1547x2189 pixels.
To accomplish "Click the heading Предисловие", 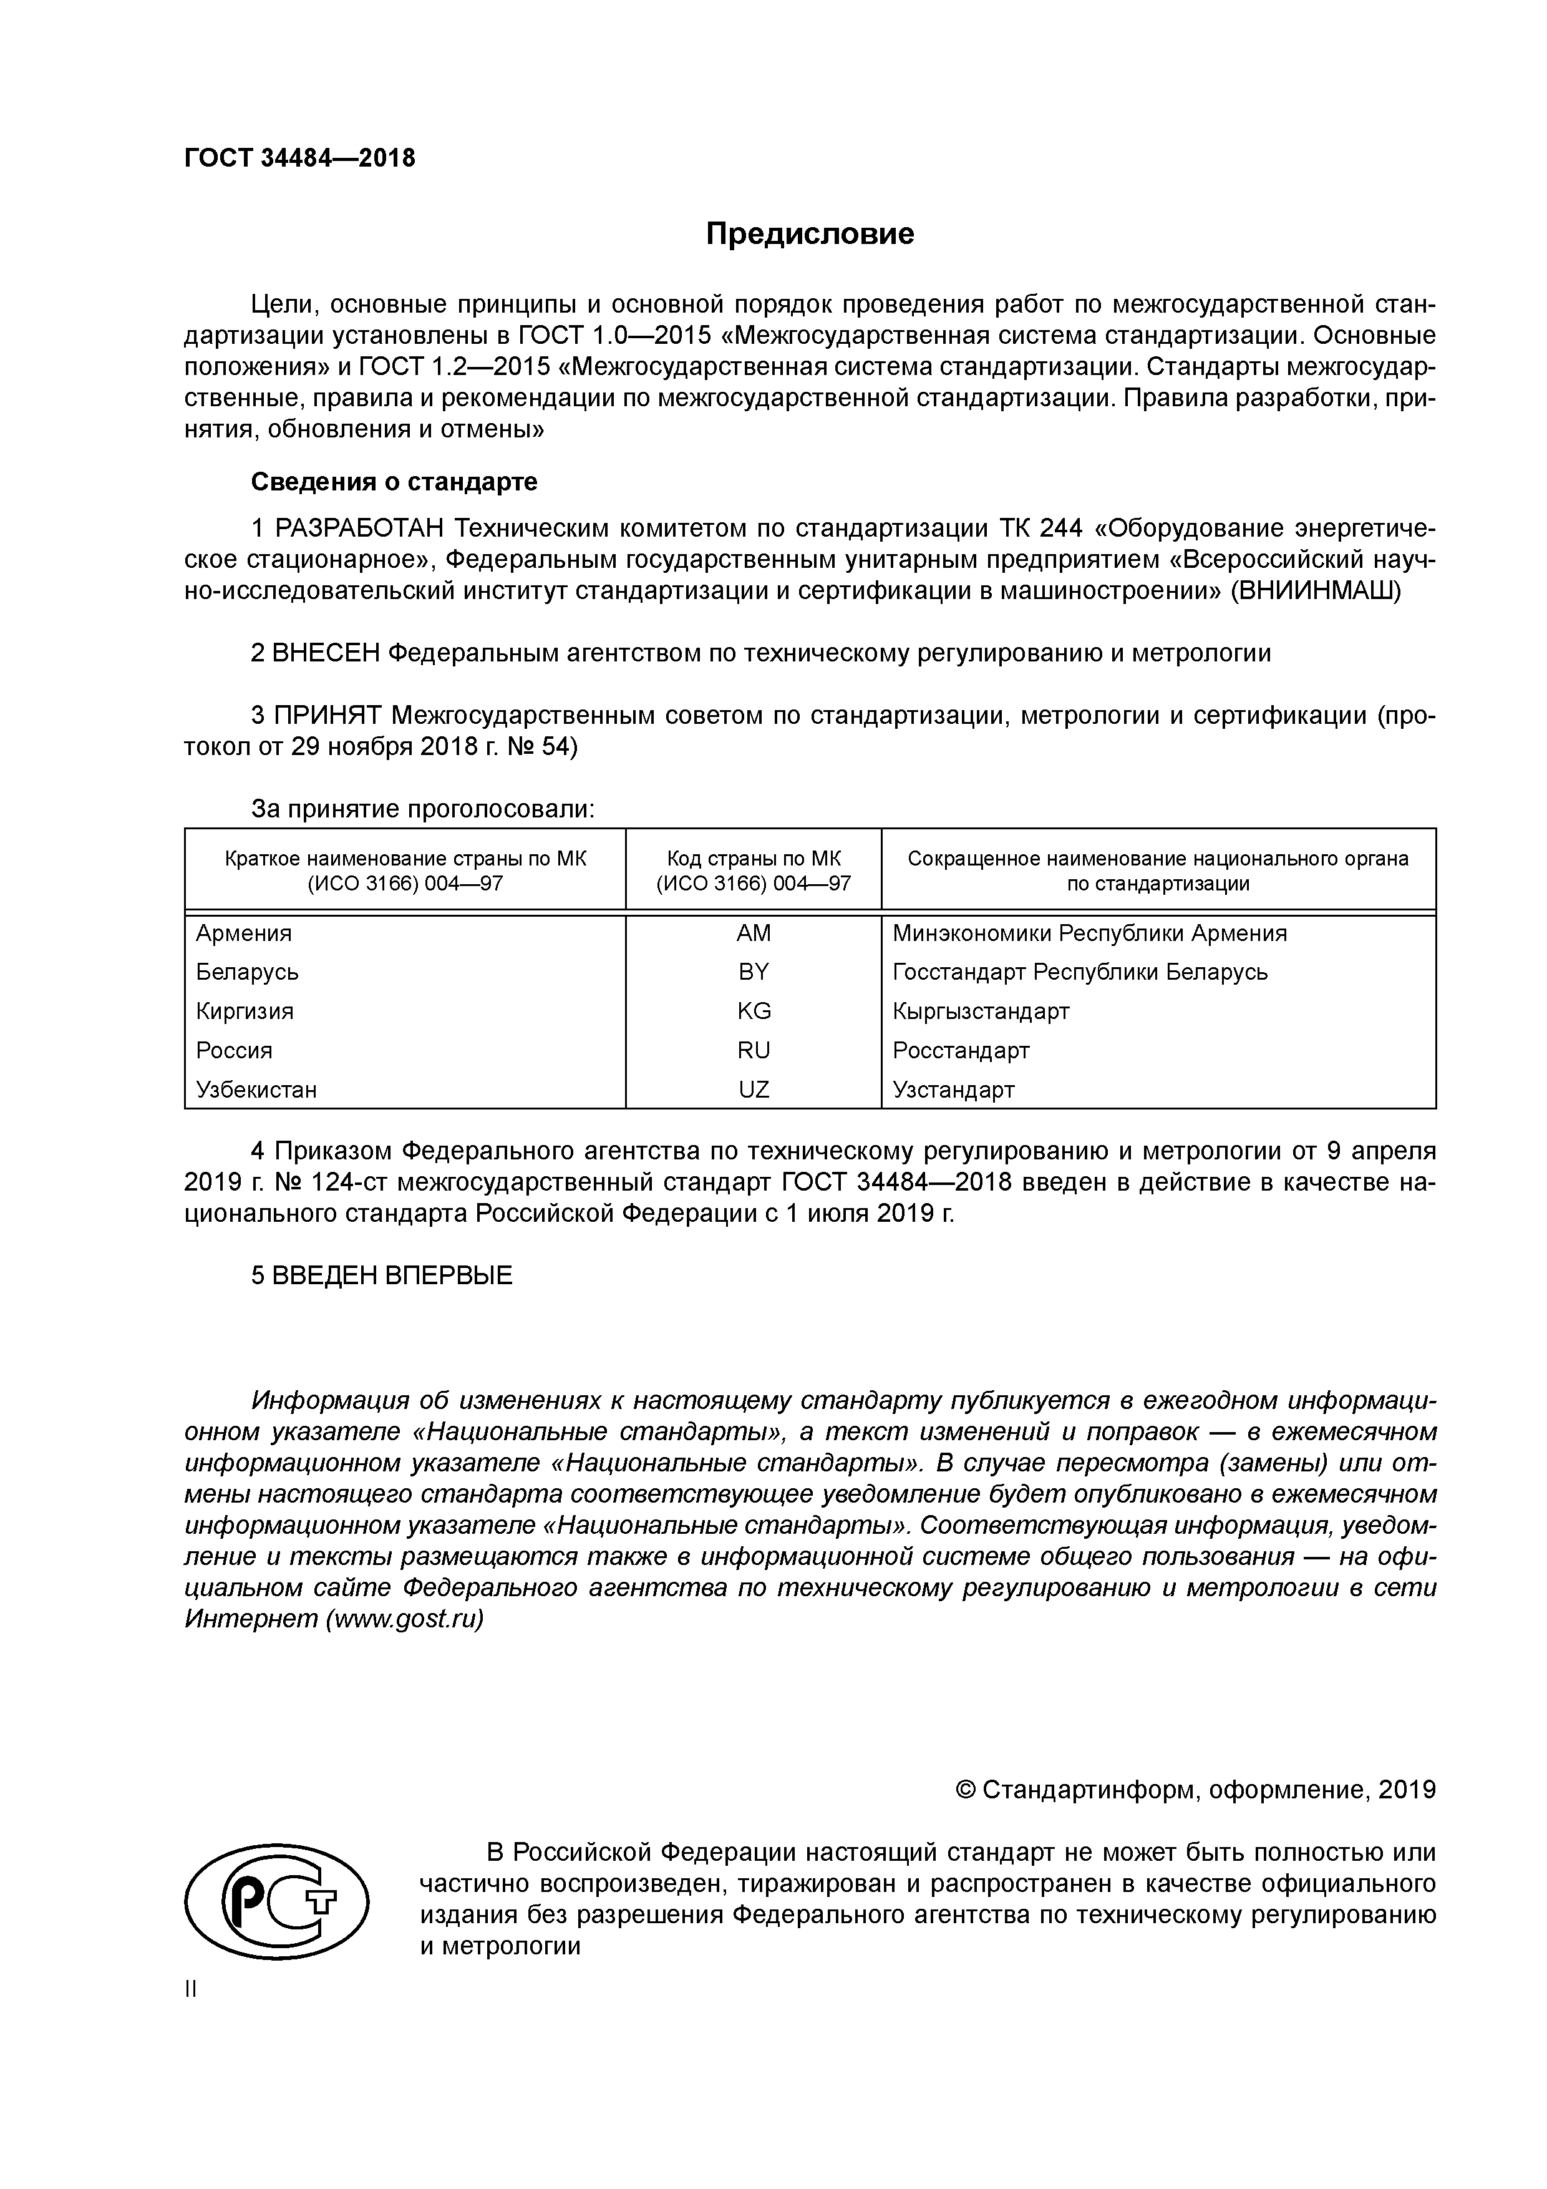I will [x=809, y=235].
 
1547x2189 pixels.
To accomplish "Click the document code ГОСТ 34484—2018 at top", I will [x=299, y=158].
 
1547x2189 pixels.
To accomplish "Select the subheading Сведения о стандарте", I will [x=394, y=482].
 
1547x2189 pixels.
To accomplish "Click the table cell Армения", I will [x=244, y=934].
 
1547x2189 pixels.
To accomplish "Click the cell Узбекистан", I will [x=256, y=1090].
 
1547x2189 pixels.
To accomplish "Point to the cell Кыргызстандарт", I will [x=981, y=1012].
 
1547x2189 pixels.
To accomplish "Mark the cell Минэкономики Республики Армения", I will [x=1089, y=934].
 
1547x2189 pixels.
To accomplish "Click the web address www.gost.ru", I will [x=404, y=1620].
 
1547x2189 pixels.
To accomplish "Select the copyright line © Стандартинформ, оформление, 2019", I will [x=1195, y=1790].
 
